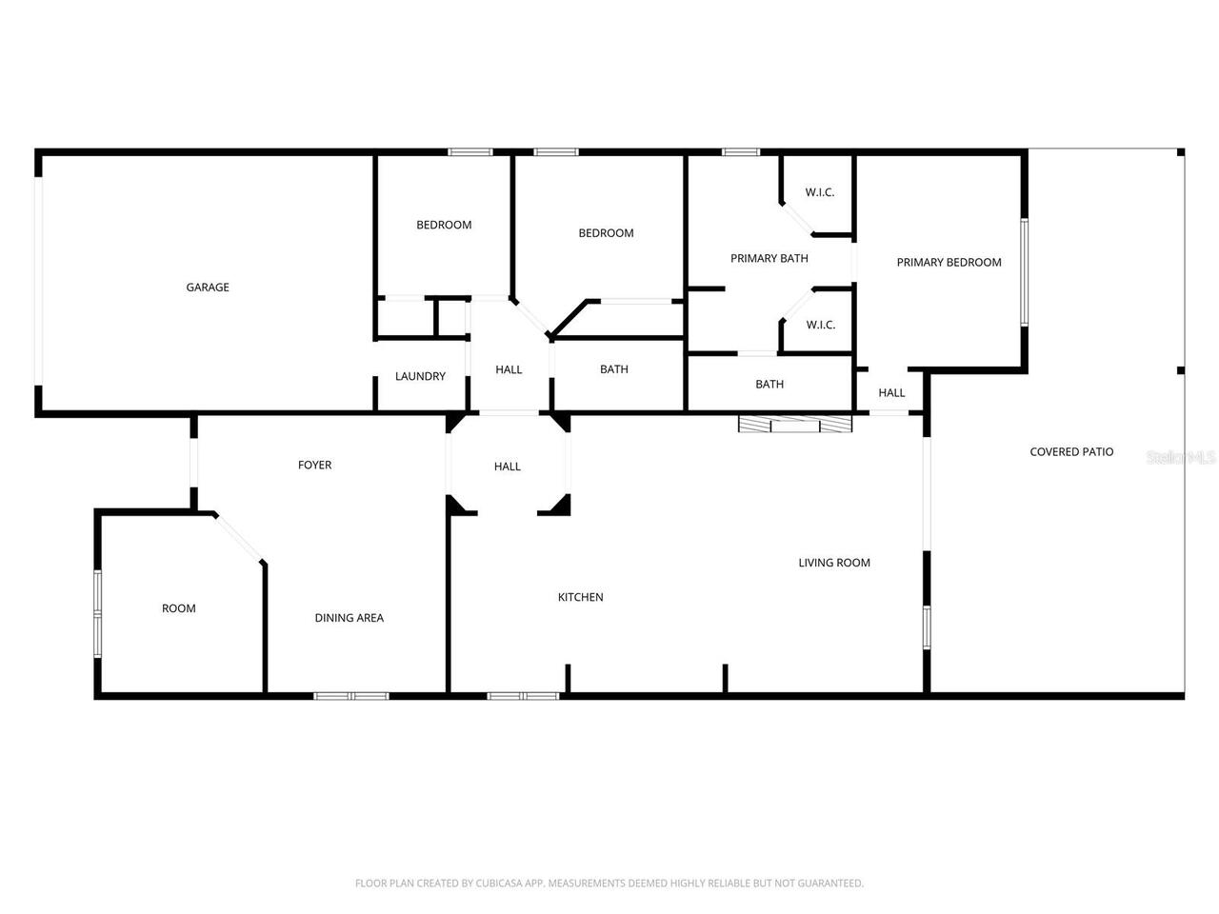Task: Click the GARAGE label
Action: pos(207,288)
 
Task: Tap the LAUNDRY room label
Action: pos(420,376)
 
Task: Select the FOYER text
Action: pos(314,465)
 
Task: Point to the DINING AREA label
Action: pos(349,618)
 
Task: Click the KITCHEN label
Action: pos(580,597)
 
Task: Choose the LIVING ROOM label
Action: pos(833,563)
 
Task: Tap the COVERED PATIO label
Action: pos(1071,452)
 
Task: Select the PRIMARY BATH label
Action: pos(769,258)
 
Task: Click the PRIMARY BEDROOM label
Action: pos(949,263)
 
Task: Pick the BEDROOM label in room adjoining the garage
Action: pos(444,225)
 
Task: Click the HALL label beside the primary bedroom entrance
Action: pos(891,392)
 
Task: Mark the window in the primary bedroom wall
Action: pos(1025,272)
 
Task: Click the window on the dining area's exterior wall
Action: pos(351,696)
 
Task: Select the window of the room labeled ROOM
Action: pos(97,614)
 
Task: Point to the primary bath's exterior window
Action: pos(740,151)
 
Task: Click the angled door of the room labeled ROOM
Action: pos(239,539)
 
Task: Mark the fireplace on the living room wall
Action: pos(795,425)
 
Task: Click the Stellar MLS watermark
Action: pos(1181,458)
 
